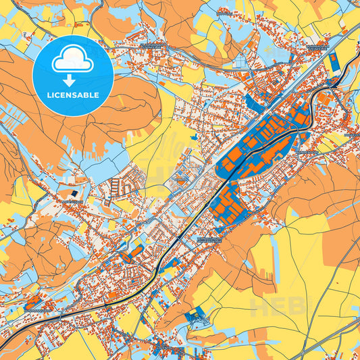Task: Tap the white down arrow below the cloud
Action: (x=72, y=80)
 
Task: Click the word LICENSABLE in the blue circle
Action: (x=72, y=94)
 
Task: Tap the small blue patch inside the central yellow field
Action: (x=195, y=138)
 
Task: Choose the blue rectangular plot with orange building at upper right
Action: (x=332, y=65)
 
